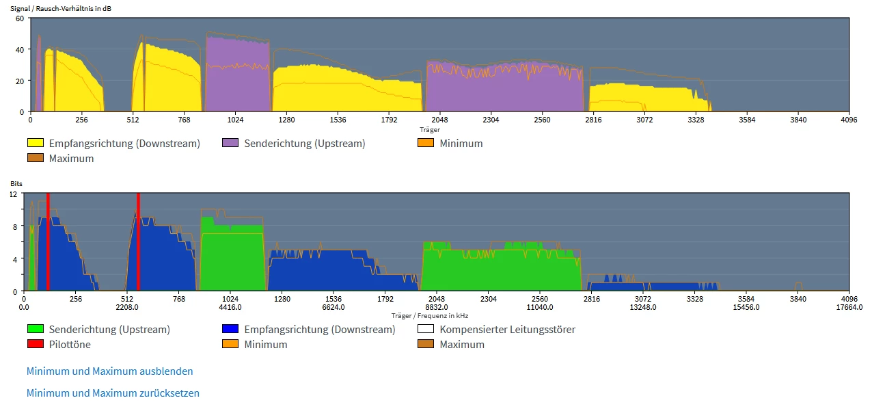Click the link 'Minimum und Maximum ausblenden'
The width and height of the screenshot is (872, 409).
point(109,371)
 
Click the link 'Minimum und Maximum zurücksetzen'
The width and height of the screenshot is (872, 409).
point(113,393)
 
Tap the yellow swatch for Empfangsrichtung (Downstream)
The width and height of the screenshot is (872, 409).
point(35,144)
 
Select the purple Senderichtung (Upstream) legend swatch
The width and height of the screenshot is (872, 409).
point(230,144)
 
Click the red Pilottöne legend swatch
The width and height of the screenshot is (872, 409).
point(35,345)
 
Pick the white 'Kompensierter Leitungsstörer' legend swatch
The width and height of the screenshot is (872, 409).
point(426,330)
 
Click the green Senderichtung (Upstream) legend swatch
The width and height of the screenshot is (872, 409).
point(35,330)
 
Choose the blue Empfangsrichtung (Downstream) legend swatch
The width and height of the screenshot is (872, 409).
point(230,330)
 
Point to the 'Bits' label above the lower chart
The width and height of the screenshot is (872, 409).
point(16,184)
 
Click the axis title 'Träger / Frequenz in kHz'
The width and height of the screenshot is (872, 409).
point(430,315)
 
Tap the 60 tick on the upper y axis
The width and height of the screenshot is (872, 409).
point(19,18)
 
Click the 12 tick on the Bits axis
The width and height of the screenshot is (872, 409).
point(12,195)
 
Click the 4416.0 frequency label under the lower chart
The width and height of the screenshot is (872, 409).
point(230,307)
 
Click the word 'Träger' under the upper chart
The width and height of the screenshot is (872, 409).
point(430,129)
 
